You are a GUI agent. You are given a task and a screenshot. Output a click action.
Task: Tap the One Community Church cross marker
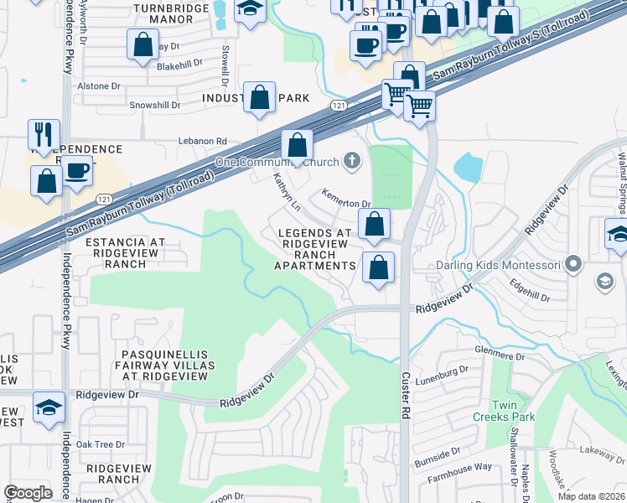coord(352,161)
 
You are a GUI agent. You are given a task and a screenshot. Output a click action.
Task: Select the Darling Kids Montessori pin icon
coord(573,265)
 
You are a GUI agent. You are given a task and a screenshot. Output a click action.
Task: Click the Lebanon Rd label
coord(201,142)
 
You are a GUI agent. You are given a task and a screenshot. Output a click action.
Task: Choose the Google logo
coord(28,493)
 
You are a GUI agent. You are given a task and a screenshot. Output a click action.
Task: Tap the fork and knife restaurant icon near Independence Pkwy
coord(44,134)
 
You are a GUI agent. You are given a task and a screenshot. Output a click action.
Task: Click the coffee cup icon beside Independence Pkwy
coord(77,170)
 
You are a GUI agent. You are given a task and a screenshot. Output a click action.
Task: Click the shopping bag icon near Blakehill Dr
coord(142,44)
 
